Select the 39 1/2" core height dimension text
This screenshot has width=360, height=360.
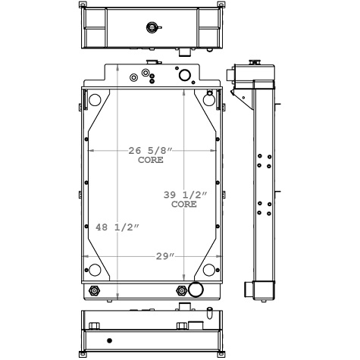point(184,195)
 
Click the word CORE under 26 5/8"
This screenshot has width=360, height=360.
point(150,161)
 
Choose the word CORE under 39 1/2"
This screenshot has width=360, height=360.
point(184,205)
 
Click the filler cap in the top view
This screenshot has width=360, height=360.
point(152,28)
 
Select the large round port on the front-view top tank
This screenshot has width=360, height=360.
point(183,75)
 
